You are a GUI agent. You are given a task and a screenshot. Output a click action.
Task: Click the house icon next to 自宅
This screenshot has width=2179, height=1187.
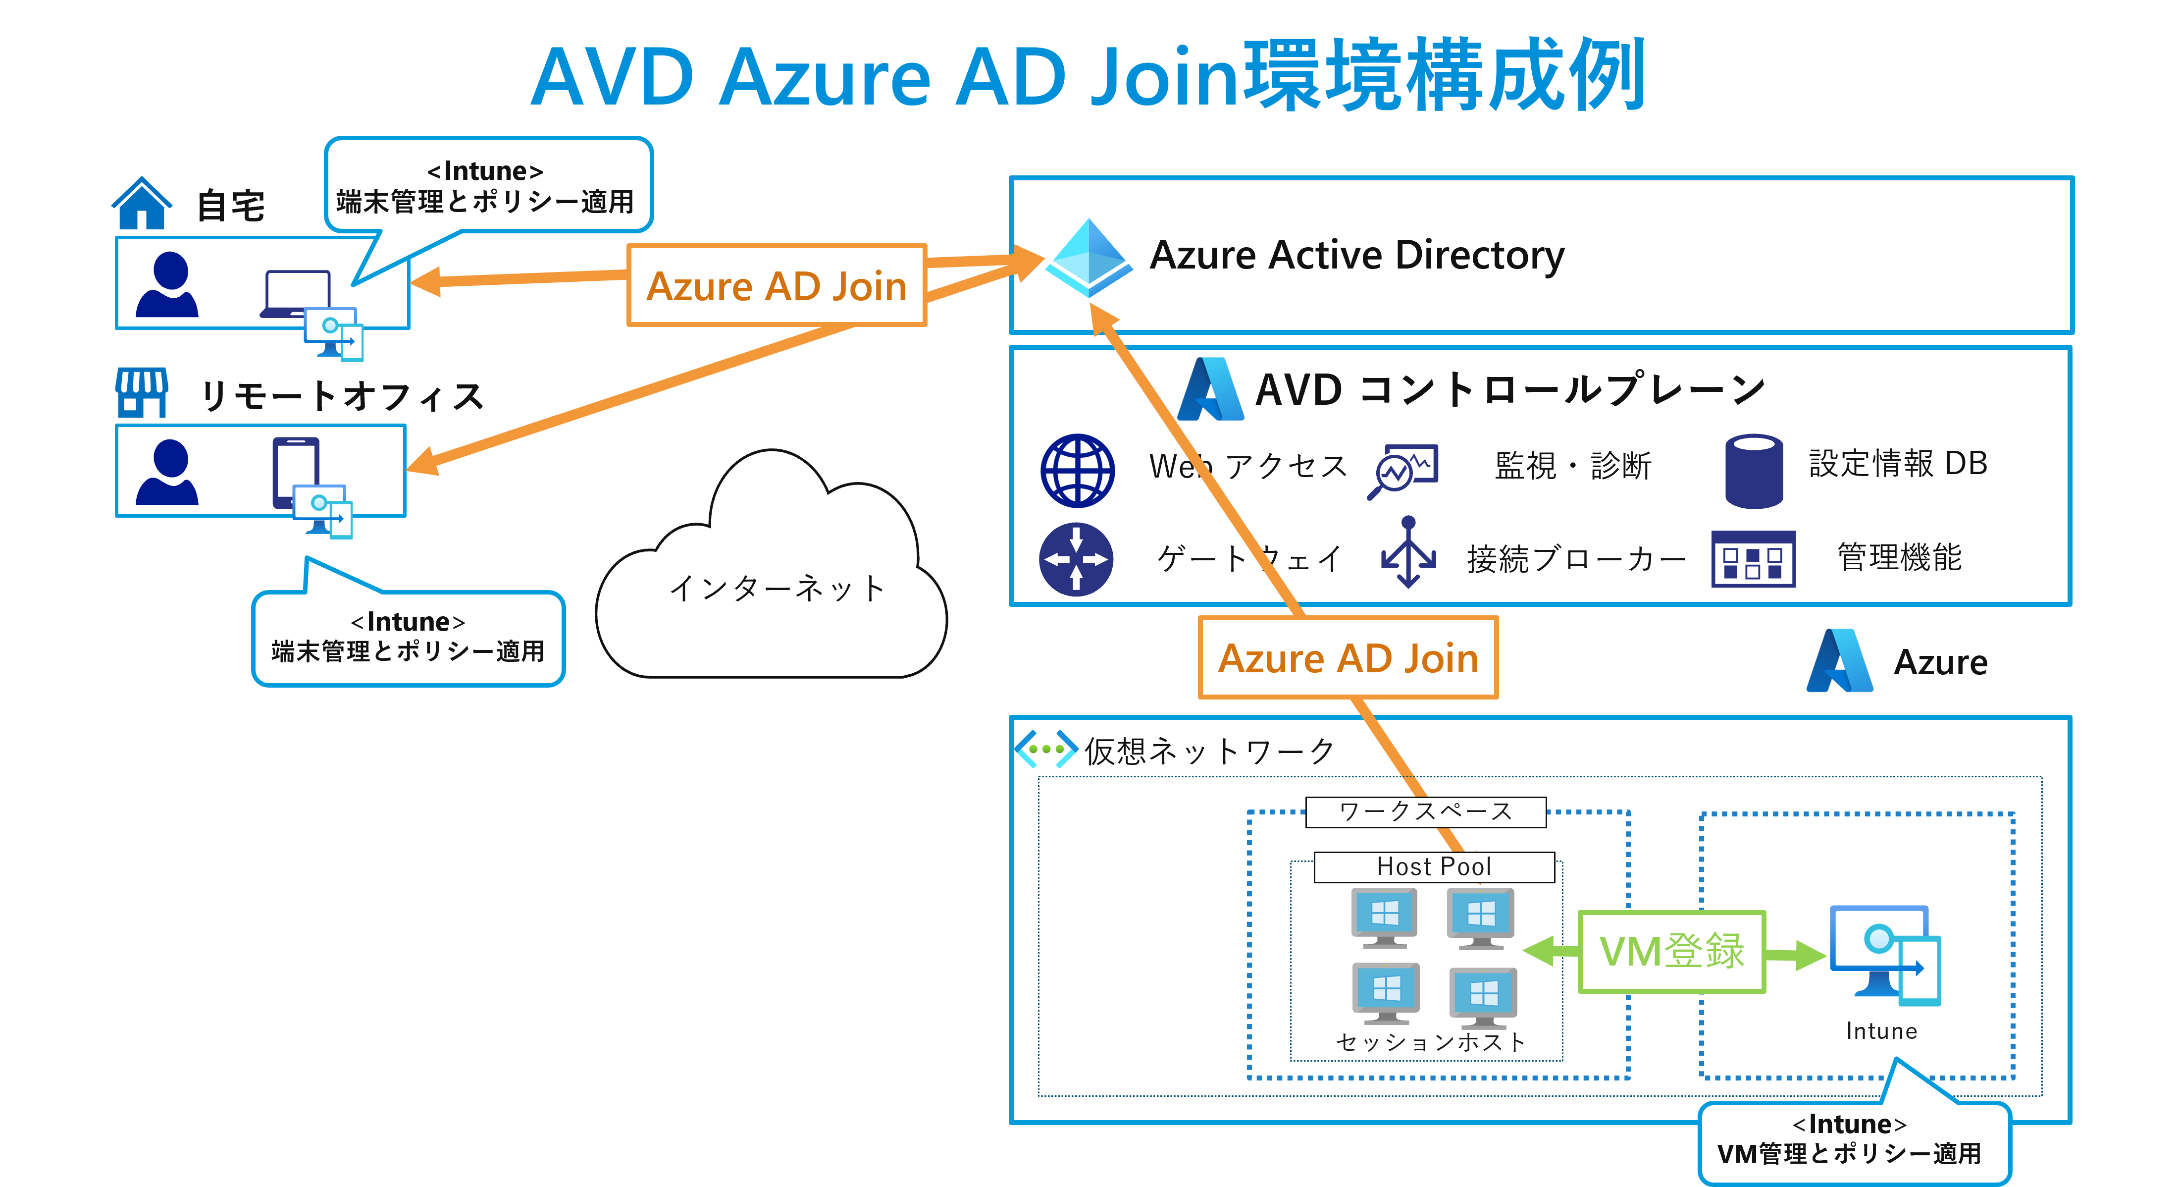[142, 204]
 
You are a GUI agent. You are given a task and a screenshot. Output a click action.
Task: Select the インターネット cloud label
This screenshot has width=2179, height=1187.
[777, 588]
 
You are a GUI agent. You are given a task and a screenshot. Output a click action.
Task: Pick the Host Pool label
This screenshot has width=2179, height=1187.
[1434, 867]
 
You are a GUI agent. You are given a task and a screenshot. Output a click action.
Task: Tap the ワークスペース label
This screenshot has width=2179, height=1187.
[1425, 811]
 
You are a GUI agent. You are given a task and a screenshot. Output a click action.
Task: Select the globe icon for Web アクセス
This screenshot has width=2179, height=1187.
[1077, 471]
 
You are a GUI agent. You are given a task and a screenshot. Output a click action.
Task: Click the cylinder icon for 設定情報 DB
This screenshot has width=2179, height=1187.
[1754, 471]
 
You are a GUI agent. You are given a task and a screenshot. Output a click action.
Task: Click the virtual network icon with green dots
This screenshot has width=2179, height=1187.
[1045, 749]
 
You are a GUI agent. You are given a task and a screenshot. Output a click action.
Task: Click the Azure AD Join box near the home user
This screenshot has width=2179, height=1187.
[777, 286]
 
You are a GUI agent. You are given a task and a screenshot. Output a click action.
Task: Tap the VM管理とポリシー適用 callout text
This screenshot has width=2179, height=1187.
[1849, 1153]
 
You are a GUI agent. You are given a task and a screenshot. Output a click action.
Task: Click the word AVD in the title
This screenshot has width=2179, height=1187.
[613, 78]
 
